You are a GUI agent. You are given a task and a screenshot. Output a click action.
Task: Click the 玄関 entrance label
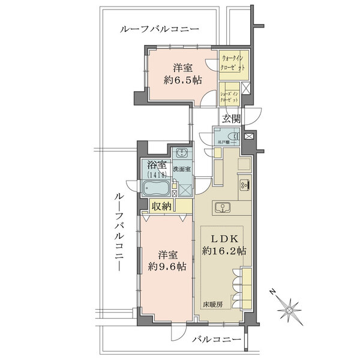231,119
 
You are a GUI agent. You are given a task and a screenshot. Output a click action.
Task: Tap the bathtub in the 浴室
157,188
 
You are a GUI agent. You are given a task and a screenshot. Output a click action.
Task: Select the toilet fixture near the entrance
235,136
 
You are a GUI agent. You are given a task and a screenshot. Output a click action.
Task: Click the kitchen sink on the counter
222,208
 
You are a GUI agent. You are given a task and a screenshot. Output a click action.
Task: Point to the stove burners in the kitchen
245,184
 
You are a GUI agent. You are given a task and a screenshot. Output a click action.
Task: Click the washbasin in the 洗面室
182,152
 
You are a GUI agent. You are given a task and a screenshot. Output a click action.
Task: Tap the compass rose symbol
289,310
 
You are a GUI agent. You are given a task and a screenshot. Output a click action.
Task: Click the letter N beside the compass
272,292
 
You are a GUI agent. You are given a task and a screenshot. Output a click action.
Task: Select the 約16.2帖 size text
224,251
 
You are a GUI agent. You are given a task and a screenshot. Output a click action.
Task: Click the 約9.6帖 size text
167,266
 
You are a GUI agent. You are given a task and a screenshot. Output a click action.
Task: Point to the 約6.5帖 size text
183,80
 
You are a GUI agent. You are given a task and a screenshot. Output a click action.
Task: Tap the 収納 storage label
162,207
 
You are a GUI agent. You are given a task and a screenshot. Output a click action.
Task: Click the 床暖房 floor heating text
212,305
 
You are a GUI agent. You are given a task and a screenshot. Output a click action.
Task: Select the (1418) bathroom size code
157,175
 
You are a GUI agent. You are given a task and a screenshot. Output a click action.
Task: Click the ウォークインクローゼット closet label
232,64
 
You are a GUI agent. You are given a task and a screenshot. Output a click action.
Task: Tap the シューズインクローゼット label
230,97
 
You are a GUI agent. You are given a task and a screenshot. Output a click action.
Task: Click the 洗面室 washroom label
182,169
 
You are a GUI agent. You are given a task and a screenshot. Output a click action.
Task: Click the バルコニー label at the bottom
217,339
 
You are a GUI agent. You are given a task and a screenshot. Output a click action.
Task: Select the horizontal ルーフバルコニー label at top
160,29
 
